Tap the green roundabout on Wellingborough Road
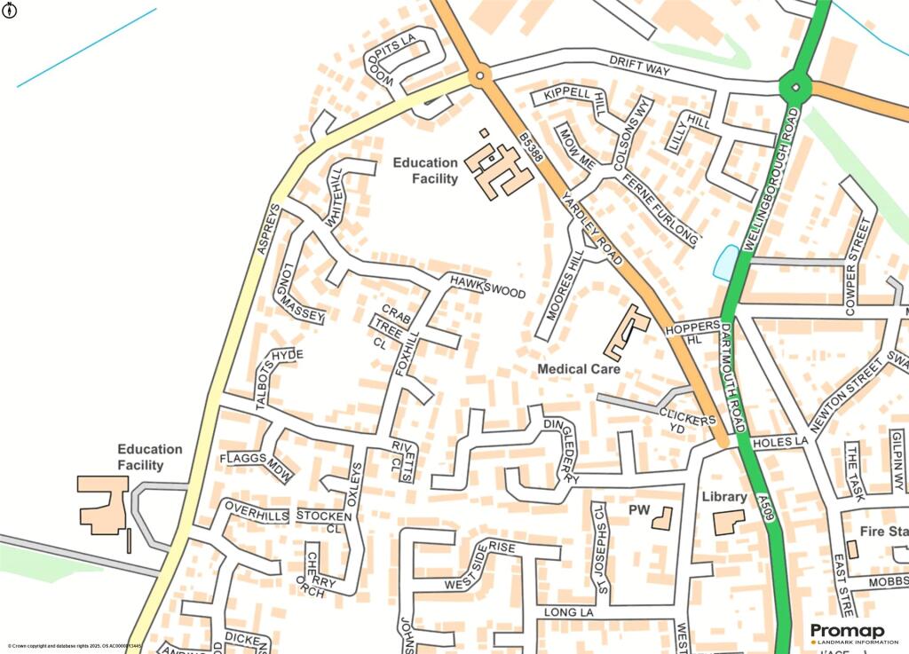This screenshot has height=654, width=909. (794, 87)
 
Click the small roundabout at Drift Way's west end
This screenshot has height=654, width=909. (479, 76)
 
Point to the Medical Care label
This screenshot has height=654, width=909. (579, 368)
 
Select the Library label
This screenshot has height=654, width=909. (723, 496)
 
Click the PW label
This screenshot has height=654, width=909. (639, 510)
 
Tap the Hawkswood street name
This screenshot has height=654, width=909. (486, 286)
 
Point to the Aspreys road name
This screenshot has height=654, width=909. (268, 229)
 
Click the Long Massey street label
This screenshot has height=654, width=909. (303, 293)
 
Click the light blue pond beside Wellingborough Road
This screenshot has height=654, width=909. (726, 261)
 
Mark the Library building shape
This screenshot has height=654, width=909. (729, 522)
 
